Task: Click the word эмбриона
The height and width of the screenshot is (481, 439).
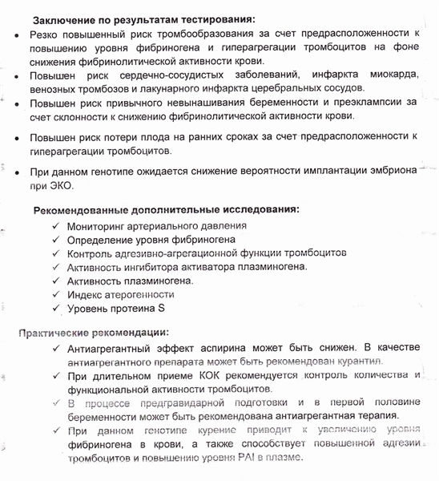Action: tap(389, 172)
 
